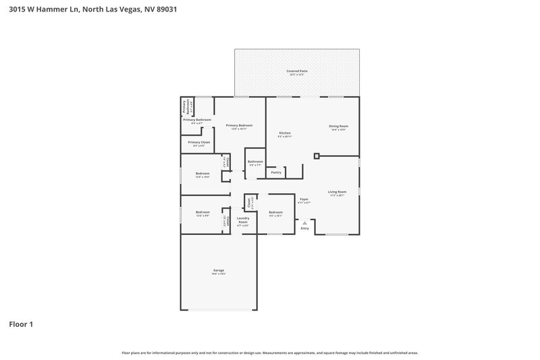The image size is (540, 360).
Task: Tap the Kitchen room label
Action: (x=285, y=133)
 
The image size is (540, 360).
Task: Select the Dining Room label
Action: (x=338, y=126)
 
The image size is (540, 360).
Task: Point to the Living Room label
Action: (x=337, y=192)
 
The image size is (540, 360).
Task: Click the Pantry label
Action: (x=276, y=172)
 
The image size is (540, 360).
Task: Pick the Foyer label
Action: (x=304, y=199)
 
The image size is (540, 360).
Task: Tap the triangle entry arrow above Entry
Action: (x=304, y=221)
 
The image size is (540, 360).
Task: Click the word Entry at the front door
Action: (x=304, y=228)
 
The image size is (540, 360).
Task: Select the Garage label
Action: (x=219, y=270)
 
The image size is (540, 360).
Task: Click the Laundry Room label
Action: (x=243, y=220)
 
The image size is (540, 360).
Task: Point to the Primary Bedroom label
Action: (x=239, y=126)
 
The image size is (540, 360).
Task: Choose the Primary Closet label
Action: (x=199, y=143)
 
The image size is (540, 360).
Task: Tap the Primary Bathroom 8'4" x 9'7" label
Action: (x=196, y=120)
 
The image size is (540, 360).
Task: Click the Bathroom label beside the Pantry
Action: (x=255, y=161)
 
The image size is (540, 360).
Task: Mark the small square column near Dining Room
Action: (x=317, y=156)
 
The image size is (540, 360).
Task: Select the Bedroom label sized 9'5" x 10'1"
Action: (x=275, y=212)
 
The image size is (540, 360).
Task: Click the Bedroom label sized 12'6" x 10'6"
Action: (x=202, y=174)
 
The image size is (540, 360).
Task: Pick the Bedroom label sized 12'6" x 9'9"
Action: (x=202, y=212)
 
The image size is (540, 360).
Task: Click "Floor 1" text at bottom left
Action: (x=21, y=325)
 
